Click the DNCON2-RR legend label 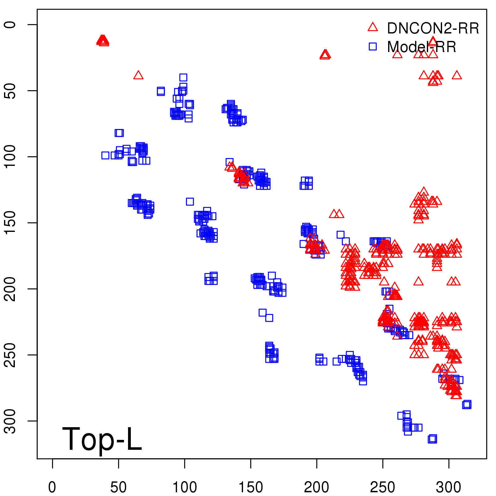point(433,29)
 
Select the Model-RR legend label point(422,47)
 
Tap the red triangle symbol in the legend point(373,27)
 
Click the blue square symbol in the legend point(373,46)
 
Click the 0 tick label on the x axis point(52,487)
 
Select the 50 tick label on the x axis point(118,487)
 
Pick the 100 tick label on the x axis point(184,487)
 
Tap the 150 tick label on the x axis point(250,487)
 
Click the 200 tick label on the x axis point(317,487)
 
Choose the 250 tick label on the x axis point(383,487)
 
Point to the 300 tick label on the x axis point(449,487)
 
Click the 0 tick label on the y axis point(11,24)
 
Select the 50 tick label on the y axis point(11,91)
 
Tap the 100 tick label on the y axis point(11,157)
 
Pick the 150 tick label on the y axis point(11,223)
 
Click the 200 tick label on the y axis point(11,289)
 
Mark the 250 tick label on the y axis point(11,355)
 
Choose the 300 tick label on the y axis point(11,421)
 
